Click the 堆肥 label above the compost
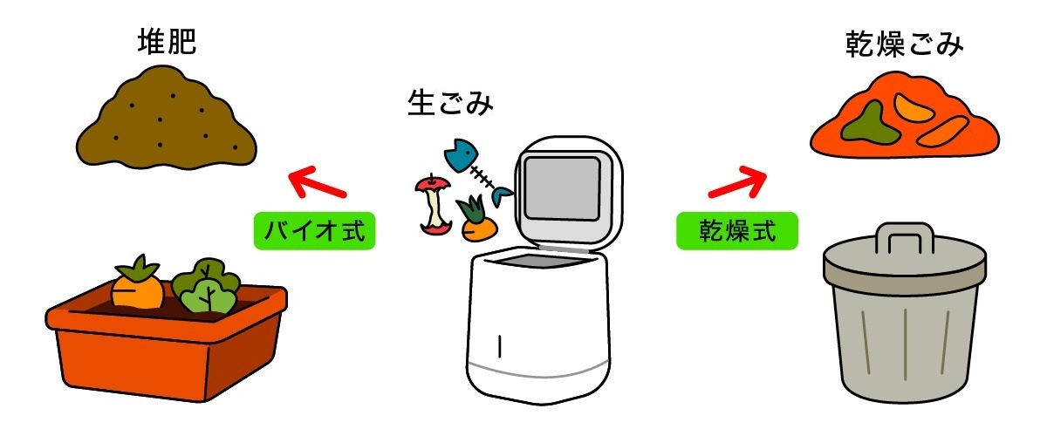[x=166, y=44]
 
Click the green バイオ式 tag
[x=314, y=231]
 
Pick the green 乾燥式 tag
[x=737, y=231]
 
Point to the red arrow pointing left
[x=317, y=184]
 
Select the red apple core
[x=435, y=204]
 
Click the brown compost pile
[x=166, y=126]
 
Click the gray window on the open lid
[x=561, y=187]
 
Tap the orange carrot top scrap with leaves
[x=476, y=223]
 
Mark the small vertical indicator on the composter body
[x=500, y=346]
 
